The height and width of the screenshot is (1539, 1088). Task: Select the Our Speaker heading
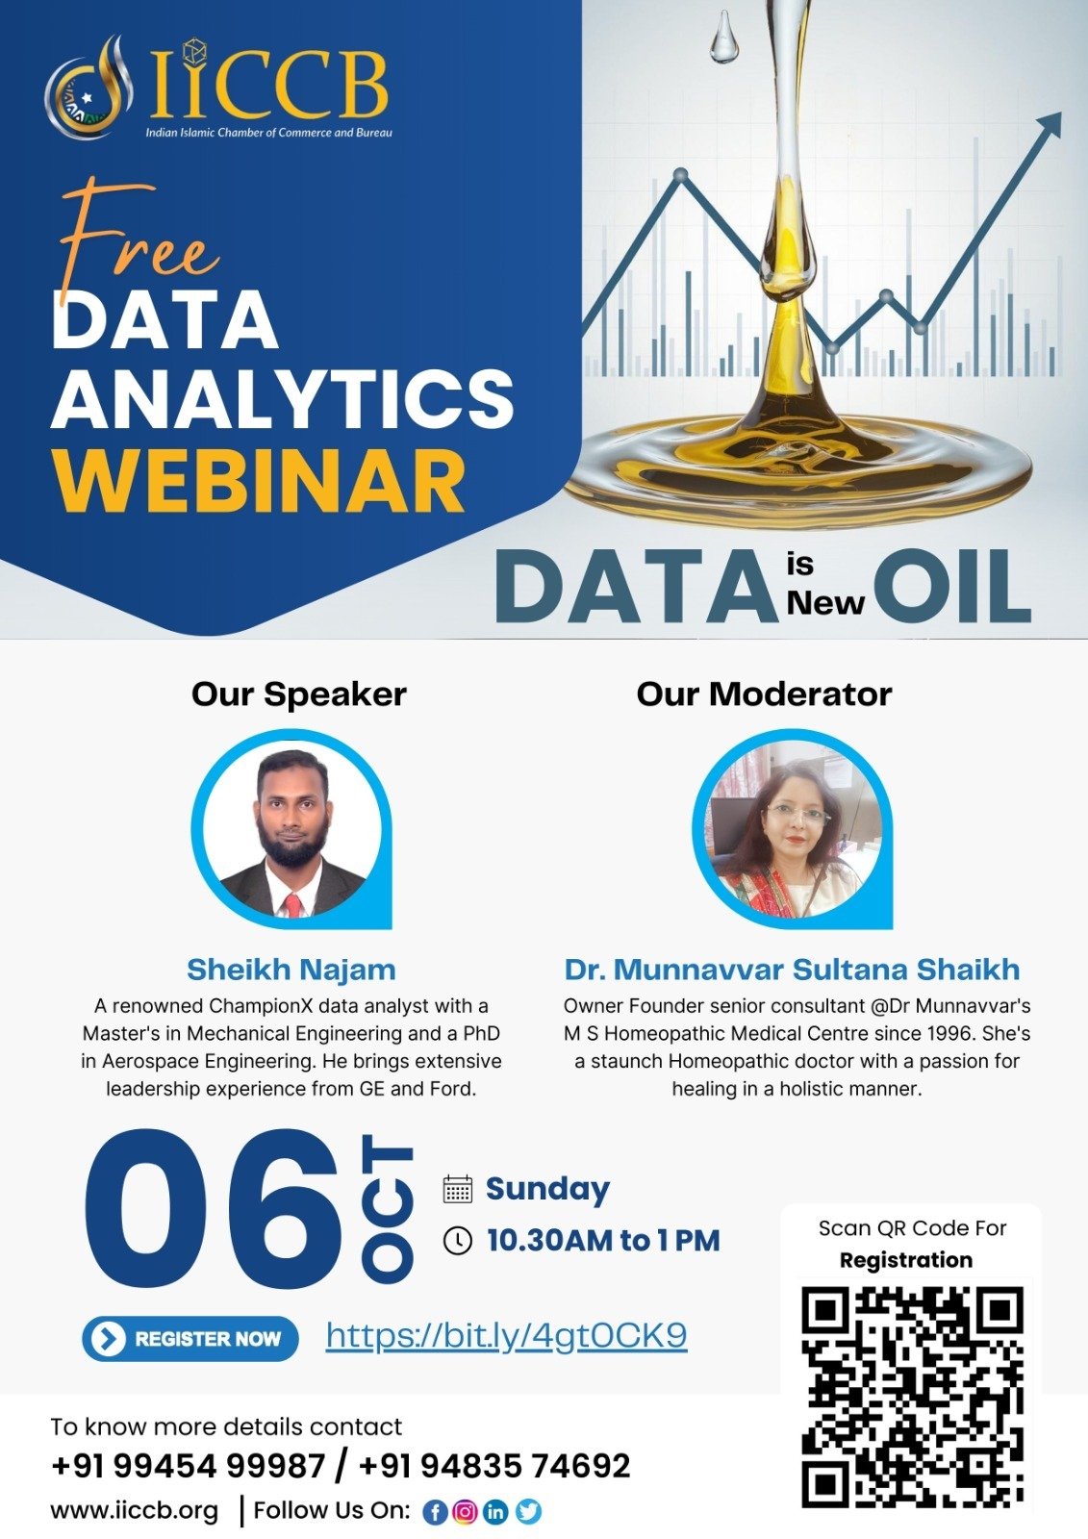(299, 694)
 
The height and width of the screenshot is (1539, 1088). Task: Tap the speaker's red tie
(293, 905)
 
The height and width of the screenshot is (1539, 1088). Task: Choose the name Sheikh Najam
(291, 970)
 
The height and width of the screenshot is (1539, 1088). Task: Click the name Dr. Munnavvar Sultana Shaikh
(792, 970)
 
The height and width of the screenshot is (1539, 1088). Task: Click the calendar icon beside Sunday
(458, 1189)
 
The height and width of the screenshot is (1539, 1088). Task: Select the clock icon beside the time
(458, 1241)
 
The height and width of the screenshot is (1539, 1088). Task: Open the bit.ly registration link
(507, 1335)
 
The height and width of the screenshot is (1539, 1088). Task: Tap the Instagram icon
(466, 1511)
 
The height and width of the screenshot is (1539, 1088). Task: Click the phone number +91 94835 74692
(494, 1465)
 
